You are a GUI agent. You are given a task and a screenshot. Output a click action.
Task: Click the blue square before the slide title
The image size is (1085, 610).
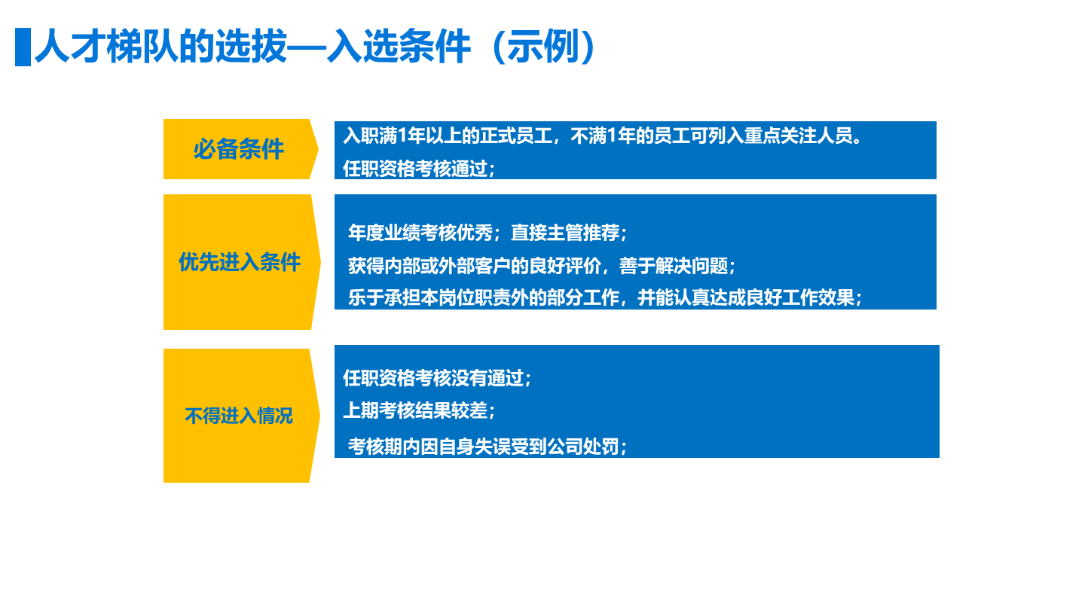click(x=23, y=47)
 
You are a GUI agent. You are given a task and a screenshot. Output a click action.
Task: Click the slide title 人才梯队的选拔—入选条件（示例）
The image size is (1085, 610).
click(x=316, y=47)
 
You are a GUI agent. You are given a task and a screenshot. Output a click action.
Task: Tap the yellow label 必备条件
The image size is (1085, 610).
click(x=239, y=149)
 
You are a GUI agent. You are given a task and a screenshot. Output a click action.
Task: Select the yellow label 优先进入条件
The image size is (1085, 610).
click(x=239, y=262)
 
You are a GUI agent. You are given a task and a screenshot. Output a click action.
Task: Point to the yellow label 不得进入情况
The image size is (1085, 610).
click(x=239, y=416)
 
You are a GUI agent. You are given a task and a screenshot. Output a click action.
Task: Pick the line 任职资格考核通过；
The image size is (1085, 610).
click(x=419, y=169)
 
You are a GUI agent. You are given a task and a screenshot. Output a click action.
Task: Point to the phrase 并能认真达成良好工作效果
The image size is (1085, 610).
click(x=746, y=297)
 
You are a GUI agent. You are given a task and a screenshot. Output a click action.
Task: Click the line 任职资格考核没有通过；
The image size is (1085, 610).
click(x=437, y=378)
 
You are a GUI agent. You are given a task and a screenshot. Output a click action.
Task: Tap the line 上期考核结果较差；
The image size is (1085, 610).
click(x=419, y=410)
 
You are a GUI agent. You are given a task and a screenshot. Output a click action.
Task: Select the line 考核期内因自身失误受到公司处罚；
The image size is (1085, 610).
click(x=488, y=447)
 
